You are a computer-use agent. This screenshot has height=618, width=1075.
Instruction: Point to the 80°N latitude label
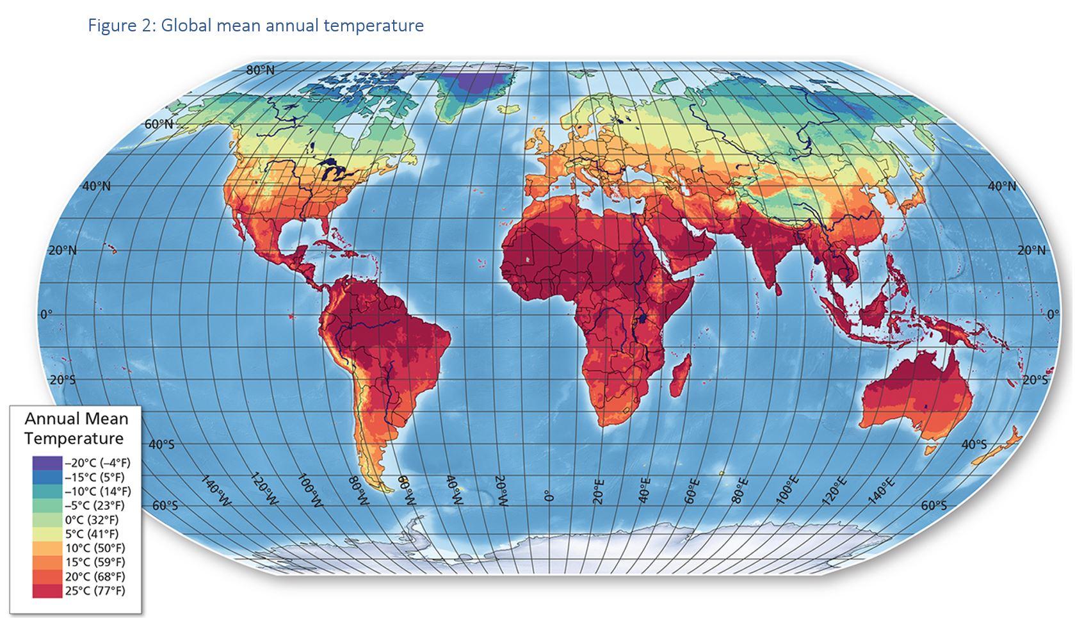pyautogui.click(x=260, y=70)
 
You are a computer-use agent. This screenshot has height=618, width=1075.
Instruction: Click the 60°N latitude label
pyautogui.click(x=158, y=124)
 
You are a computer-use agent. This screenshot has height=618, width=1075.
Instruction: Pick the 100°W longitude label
pyautogui.click(x=312, y=491)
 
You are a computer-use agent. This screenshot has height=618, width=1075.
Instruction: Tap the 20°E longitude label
pyautogui.click(x=598, y=491)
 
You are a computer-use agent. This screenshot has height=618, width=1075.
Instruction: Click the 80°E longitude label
pyautogui.click(x=742, y=491)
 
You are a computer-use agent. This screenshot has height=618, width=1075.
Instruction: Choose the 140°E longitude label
pyautogui.click(x=883, y=491)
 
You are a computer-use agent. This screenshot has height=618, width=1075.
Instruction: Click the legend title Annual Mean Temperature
pyautogui.click(x=76, y=428)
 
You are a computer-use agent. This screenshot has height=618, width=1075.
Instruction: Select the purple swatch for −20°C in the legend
pyautogui.click(x=47, y=463)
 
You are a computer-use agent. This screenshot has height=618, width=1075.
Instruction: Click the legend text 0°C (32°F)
pyautogui.click(x=91, y=519)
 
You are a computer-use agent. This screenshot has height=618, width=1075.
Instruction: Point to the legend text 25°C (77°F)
pyautogui.click(x=95, y=590)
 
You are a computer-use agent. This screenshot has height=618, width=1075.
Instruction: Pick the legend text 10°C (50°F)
pyautogui.click(x=95, y=548)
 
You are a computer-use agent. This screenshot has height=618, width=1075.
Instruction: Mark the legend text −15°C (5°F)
pyautogui.click(x=94, y=477)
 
